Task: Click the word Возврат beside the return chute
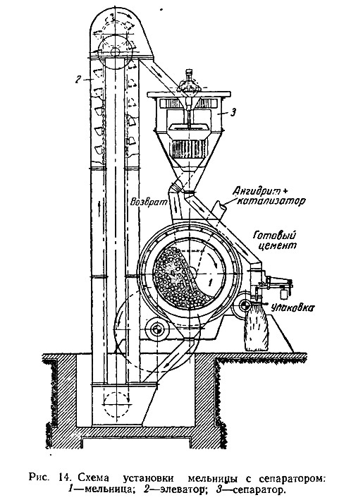pos(147,202)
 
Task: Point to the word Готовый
pos(274,236)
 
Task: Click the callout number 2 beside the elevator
pos(78,80)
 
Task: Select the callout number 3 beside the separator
pos(233,113)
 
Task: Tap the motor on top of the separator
pos(189,83)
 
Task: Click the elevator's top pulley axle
pos(115,51)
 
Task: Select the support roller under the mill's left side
pos(157,329)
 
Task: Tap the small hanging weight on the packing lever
pos(283,293)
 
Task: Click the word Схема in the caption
pos(92,477)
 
